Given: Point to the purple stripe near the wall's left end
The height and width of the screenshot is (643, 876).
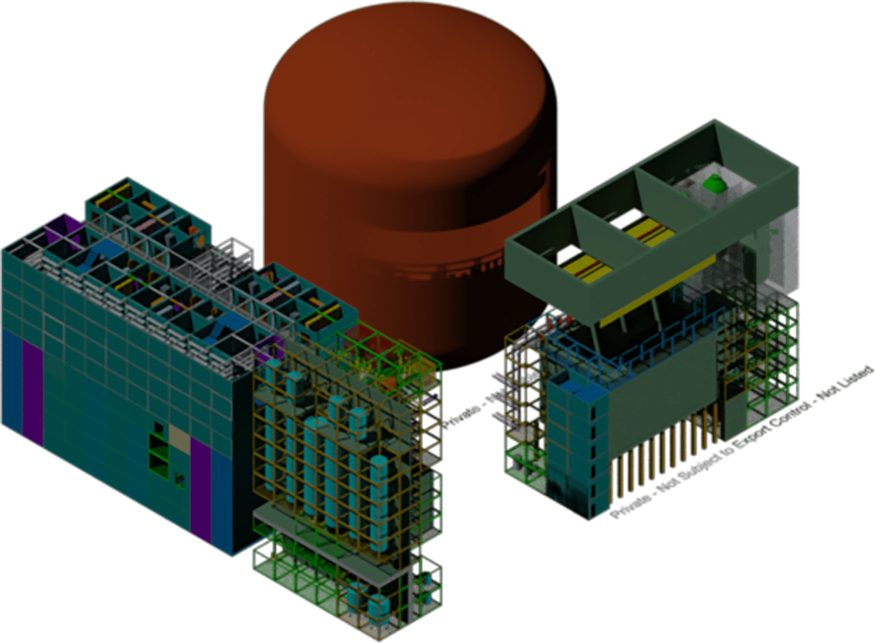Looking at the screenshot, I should click(x=32, y=387).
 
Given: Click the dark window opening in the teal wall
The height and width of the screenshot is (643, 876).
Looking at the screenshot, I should click(x=158, y=427).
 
